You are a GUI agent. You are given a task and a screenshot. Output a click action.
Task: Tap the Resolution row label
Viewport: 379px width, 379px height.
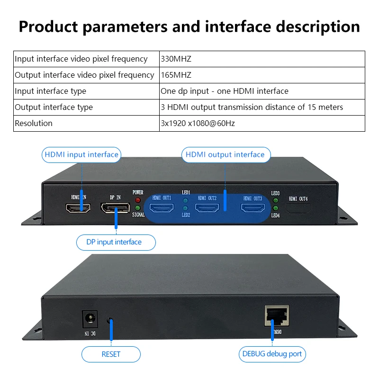[x=34, y=123]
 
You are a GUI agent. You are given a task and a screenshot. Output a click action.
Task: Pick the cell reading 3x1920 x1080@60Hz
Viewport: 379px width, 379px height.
[x=198, y=123]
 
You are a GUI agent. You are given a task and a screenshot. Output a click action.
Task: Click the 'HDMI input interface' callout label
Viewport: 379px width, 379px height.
[x=81, y=155]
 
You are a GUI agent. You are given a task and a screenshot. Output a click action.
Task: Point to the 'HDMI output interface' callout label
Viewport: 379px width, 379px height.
[x=226, y=155]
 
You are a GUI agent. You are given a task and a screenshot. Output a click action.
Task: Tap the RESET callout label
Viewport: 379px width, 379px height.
[x=111, y=354]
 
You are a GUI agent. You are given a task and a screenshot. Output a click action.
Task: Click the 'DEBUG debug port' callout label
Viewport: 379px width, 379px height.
[x=272, y=354]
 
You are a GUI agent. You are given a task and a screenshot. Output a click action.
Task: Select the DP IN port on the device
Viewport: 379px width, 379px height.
[x=115, y=208]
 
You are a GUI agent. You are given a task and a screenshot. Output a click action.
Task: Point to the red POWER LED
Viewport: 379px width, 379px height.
[x=138, y=200]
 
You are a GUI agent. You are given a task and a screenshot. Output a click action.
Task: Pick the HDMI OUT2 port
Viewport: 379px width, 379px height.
[x=207, y=208]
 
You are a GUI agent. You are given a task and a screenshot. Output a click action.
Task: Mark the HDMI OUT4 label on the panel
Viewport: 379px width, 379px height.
[x=298, y=199]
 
